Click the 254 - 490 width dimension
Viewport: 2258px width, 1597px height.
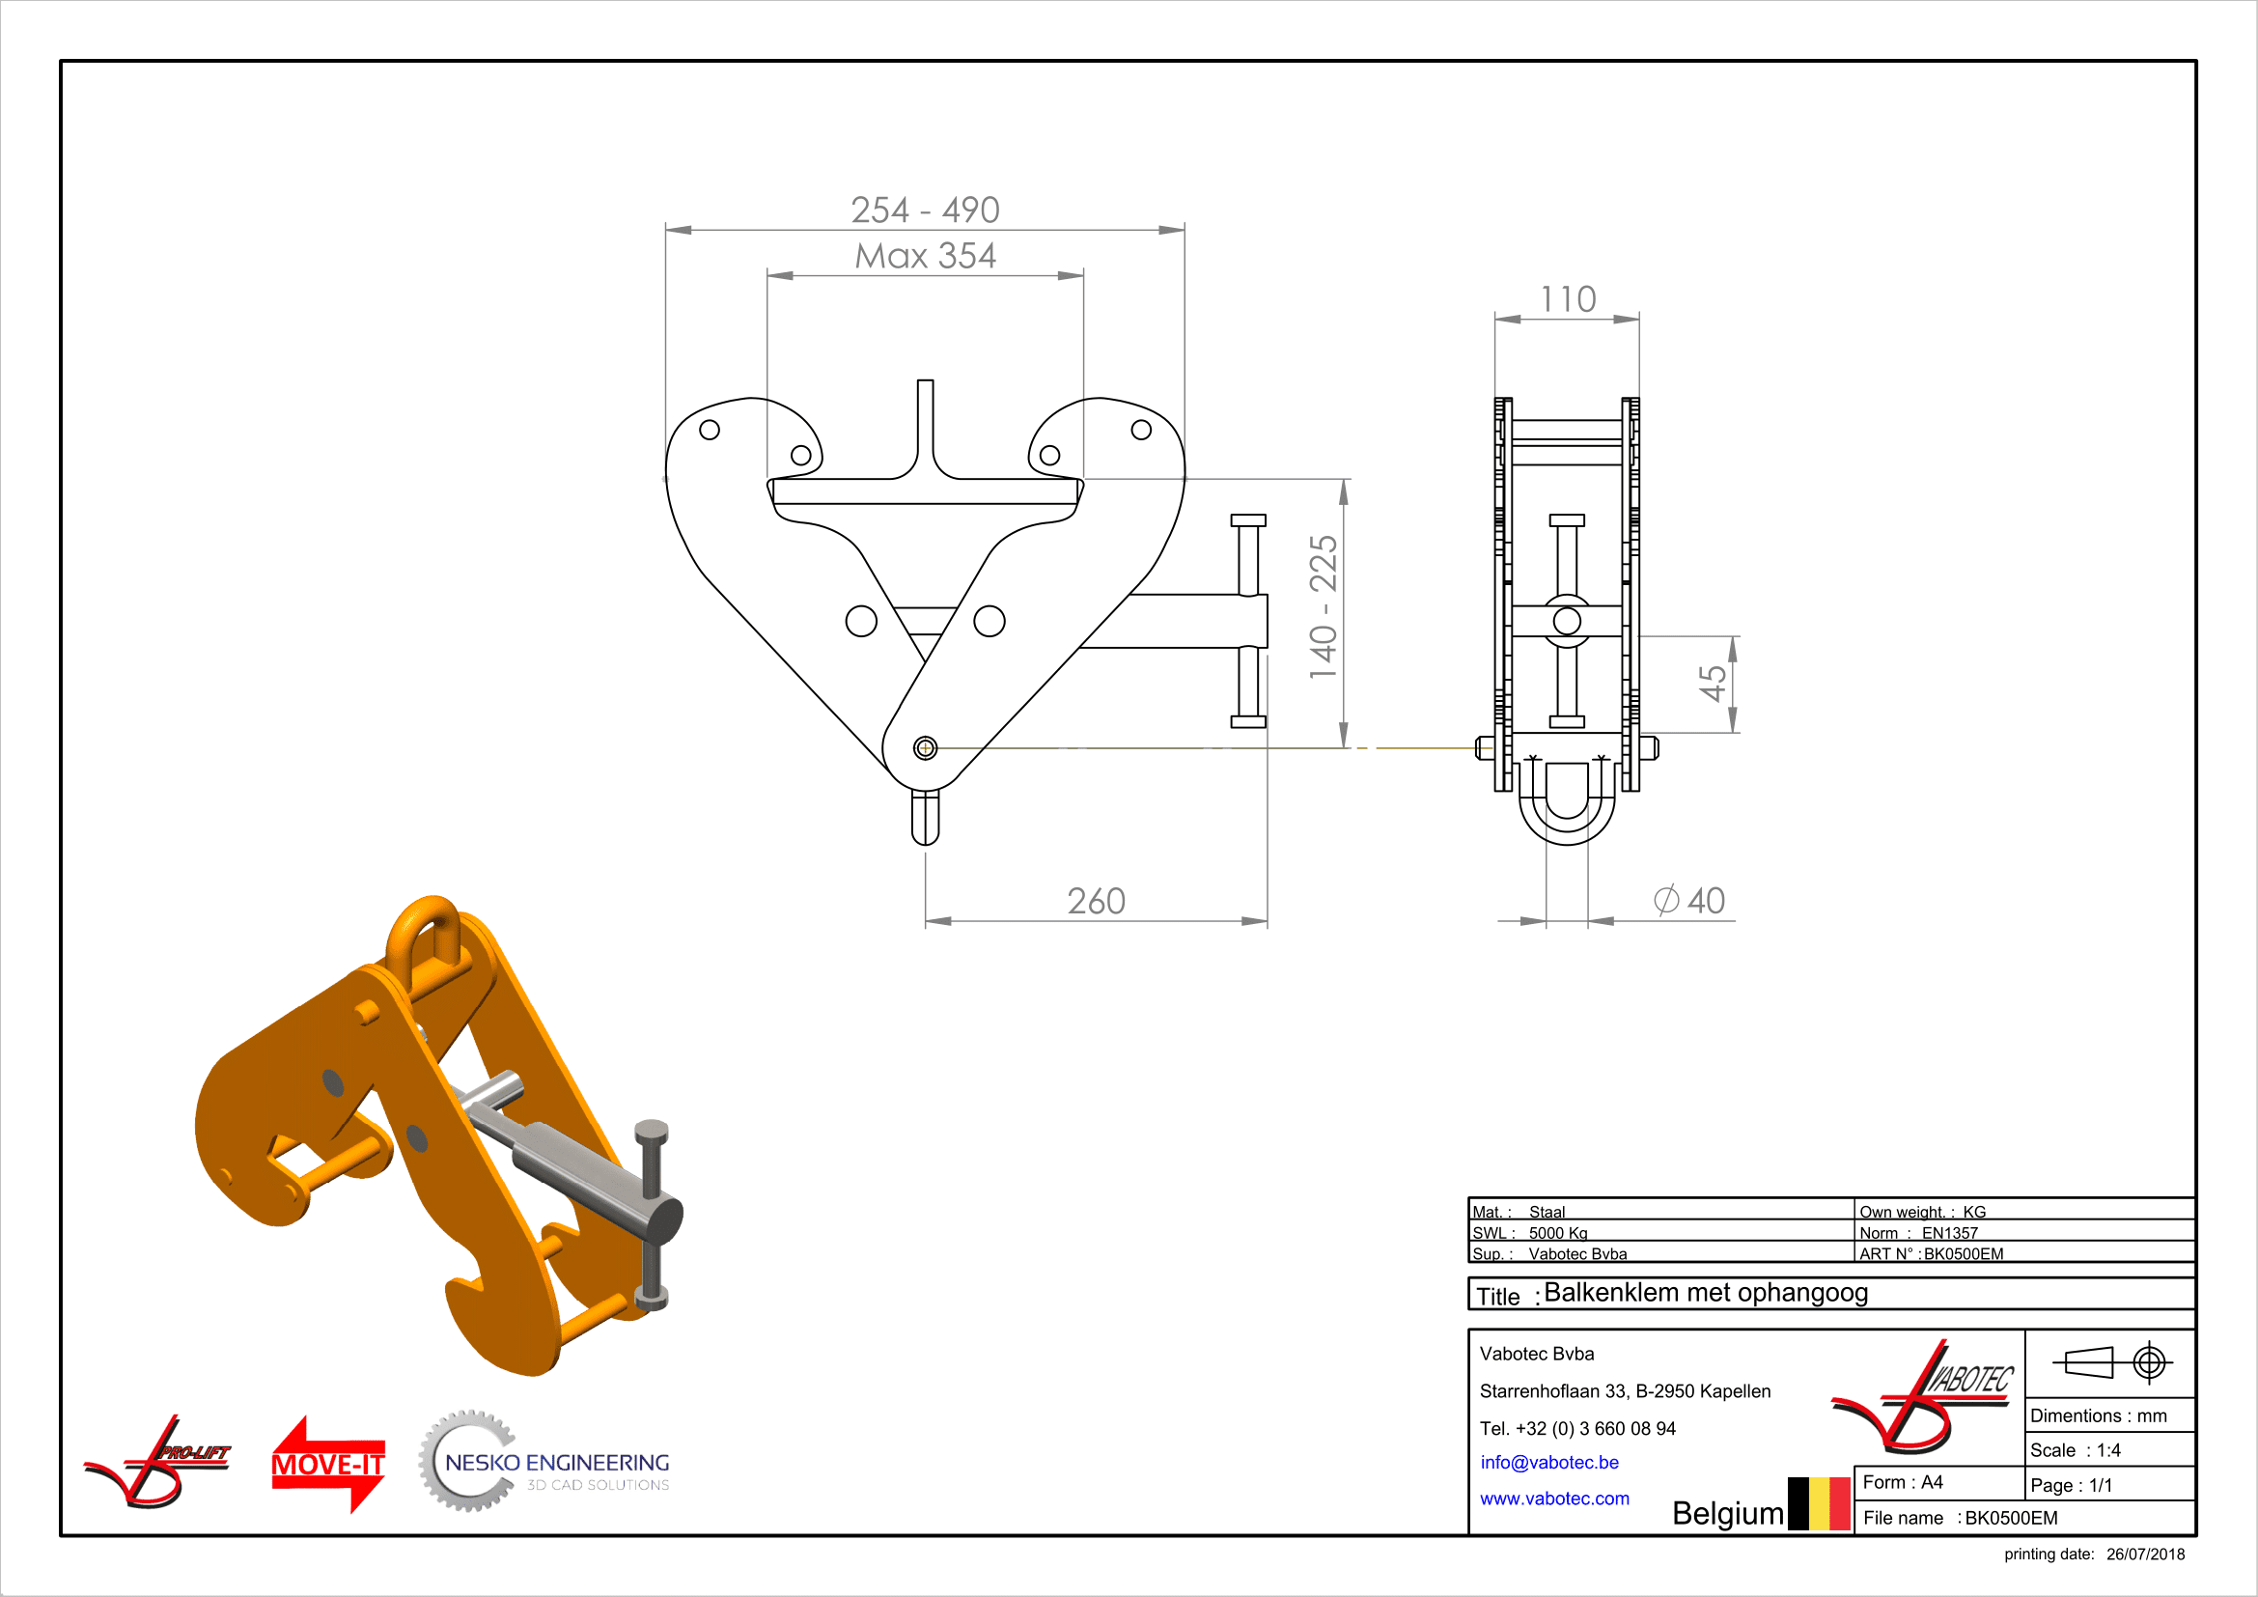point(925,210)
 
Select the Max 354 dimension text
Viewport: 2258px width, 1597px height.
point(925,256)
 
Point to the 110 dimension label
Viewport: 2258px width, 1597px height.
point(1568,299)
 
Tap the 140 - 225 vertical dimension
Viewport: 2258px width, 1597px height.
point(1323,606)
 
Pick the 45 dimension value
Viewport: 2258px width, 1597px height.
point(1713,683)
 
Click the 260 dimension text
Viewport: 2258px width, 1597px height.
point(1096,901)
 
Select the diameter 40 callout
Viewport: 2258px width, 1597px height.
point(1689,900)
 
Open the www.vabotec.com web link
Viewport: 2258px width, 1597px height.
point(1554,1499)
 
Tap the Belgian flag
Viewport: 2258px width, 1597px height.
point(1819,1503)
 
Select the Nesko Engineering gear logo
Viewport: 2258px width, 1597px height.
point(544,1461)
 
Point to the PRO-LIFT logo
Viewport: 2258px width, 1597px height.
point(157,1461)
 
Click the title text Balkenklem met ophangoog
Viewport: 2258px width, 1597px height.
point(1705,1292)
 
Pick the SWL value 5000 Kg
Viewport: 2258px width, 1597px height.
point(1558,1233)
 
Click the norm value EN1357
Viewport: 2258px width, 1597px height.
point(1949,1233)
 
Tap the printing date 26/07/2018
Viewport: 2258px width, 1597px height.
point(2145,1554)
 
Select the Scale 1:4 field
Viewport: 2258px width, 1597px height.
point(2076,1450)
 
